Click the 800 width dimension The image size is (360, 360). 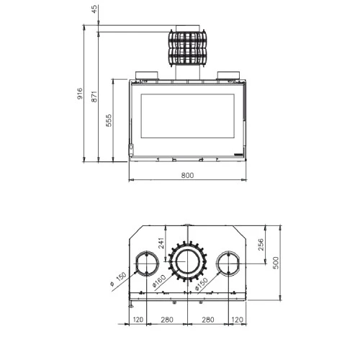coord(187,175)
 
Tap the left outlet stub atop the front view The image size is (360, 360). coord(145,75)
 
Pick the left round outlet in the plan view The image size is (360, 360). coord(145,264)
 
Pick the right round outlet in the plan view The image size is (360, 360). coord(229,264)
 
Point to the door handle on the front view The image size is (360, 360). coord(132,149)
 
